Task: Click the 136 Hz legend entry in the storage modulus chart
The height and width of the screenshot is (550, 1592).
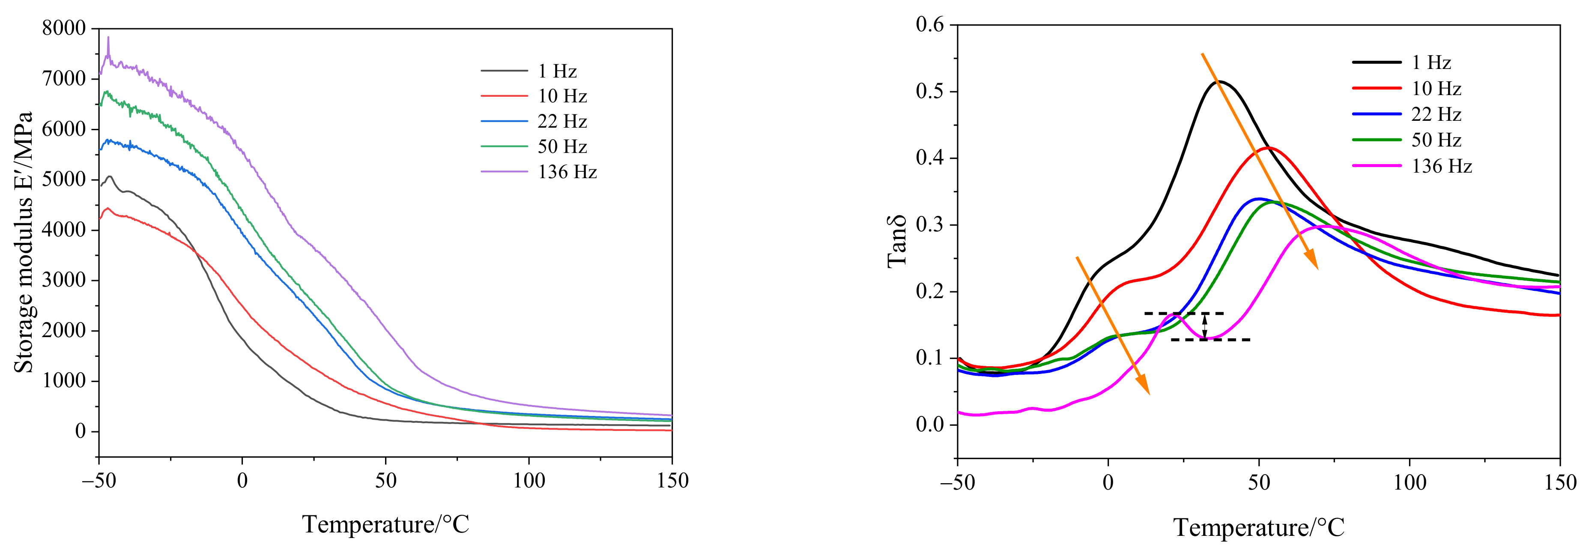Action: coord(567,172)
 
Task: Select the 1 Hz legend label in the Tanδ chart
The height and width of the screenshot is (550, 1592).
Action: coord(1431,63)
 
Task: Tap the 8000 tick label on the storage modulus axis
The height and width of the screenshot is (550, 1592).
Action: coord(64,28)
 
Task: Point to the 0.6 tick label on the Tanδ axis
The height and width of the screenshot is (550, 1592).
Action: coord(930,25)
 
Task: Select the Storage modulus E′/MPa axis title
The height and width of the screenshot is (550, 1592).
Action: coord(24,242)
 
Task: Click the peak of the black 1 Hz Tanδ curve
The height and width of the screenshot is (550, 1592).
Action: coord(1219,81)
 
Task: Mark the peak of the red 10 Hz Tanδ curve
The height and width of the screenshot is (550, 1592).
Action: coord(1268,148)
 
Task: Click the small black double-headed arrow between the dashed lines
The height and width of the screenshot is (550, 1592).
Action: coord(1204,326)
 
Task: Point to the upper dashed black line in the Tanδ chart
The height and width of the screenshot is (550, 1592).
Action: coord(1183,313)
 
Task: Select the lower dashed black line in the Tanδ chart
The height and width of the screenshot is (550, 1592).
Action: coord(1210,340)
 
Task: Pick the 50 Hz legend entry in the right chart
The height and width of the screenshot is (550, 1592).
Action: coord(1436,140)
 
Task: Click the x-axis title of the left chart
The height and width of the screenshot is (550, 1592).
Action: coord(385,525)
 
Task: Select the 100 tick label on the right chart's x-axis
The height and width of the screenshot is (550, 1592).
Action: coord(1410,482)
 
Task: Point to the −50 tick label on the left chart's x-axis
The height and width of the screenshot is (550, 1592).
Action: coord(99,481)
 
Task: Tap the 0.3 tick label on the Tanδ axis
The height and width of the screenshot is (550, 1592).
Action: coord(930,225)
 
